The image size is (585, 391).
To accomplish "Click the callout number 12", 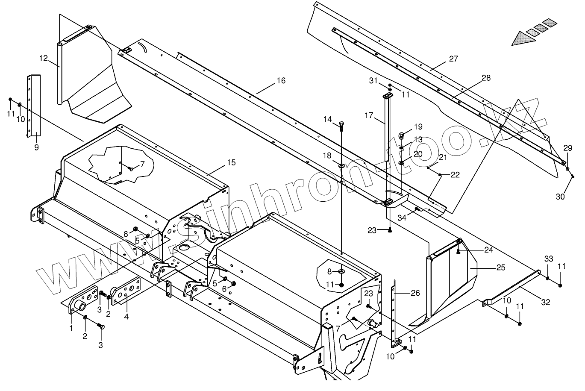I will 44,58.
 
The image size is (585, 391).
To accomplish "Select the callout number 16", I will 281,81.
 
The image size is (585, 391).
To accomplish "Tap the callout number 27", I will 453,59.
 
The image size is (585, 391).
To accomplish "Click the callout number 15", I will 231,162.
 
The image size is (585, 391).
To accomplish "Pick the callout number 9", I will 36,147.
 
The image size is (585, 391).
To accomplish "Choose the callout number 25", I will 501,268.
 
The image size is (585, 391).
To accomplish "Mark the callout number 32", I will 546,302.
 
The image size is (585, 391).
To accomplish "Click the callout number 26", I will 415,293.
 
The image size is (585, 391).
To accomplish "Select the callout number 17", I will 369,115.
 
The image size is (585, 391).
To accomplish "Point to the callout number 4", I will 126,317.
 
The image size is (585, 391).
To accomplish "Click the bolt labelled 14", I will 341,124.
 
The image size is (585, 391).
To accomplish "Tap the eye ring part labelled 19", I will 402,136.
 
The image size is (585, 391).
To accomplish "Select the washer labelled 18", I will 341,165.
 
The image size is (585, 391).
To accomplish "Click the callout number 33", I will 549,259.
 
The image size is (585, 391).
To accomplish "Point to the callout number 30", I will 560,196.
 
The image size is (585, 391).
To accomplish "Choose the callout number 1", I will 71,328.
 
